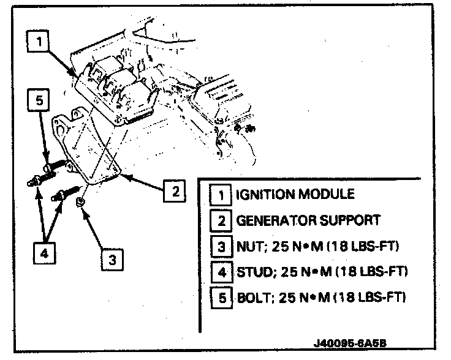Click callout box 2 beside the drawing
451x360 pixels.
pyautogui.click(x=174, y=192)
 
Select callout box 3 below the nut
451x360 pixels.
pyautogui.click(x=112, y=260)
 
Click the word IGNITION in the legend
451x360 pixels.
pyautogui.click(x=264, y=195)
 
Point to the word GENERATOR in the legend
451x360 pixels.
pyautogui.click(x=275, y=220)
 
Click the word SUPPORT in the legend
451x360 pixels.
pyautogui.click(x=350, y=220)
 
